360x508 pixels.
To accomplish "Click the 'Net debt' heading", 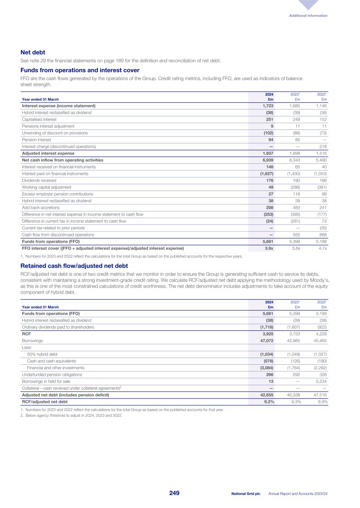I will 33,52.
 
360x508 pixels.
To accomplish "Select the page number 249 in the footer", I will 174,493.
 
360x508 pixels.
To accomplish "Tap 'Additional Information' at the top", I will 309,16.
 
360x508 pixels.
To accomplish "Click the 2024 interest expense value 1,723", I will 267,106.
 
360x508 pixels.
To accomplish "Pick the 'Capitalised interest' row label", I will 39,119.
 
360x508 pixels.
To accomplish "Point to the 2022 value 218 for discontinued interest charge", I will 323,147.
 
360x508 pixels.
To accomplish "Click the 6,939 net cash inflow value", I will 267,160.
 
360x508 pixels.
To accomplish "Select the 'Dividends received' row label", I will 39,180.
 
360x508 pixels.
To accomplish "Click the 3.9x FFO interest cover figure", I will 269,248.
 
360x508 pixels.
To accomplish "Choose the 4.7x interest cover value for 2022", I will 322,248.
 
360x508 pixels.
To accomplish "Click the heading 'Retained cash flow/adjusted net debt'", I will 74,266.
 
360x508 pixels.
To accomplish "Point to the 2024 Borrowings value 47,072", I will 266,341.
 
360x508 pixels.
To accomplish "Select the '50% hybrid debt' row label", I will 42,354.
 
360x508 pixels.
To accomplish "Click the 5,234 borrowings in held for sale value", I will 321,381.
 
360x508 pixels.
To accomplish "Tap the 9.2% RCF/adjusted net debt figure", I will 268,402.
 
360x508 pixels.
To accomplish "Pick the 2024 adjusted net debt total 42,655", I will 266,395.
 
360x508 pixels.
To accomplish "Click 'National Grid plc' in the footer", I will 245,494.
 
